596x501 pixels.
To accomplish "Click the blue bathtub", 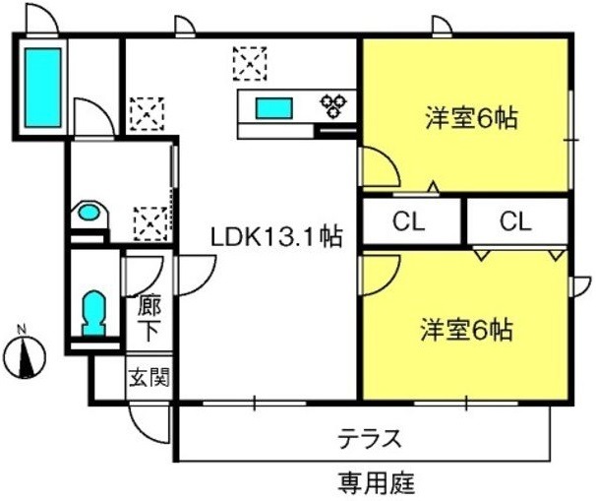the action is point(43,88).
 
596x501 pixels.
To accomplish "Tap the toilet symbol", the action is point(93,313).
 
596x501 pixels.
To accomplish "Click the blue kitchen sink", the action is point(274,108).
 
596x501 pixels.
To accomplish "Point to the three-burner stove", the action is point(333,105).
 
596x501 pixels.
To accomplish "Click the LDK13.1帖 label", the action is point(276,237).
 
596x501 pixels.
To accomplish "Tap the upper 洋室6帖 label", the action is point(471,118).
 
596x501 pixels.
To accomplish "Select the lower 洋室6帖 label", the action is point(467,330).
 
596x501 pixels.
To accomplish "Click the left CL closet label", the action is point(408,221).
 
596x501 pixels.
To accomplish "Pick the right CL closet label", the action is point(515,221).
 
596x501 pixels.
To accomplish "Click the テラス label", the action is point(370,438).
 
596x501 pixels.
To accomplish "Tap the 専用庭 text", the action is point(377,483).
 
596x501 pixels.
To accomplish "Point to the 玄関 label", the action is point(149,377).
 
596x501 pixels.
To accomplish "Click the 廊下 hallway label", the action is point(149,318).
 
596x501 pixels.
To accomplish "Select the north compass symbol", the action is point(26,356).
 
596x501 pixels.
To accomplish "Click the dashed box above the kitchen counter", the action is point(250,64).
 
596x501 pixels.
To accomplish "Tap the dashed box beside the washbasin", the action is point(150,224).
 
